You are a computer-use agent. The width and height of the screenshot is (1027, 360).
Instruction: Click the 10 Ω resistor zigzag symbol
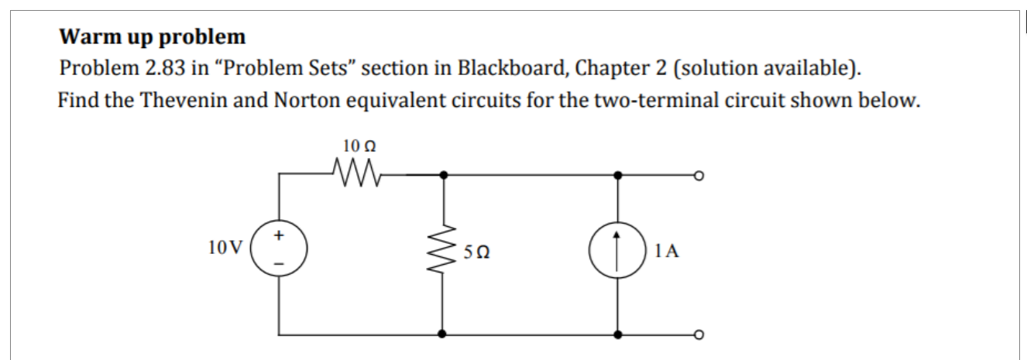(357, 168)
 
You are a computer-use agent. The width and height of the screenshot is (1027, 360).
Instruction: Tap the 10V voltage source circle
(280, 249)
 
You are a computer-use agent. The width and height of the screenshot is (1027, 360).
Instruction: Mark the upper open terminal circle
(699, 176)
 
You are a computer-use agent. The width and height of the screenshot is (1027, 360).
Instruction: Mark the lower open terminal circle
(699, 335)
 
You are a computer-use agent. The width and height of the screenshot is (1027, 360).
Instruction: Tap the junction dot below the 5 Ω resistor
(442, 335)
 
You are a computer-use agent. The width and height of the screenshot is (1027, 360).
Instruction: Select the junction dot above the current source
(618, 176)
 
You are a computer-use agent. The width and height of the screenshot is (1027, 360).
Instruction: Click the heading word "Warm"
(87, 37)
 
